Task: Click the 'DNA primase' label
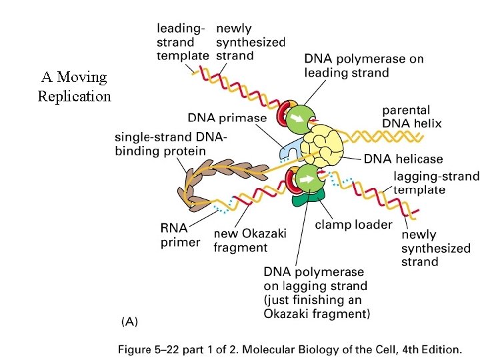coord(227,118)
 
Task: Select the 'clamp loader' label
coord(353,224)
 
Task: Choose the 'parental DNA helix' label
coord(411,117)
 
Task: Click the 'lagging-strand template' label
coord(436,183)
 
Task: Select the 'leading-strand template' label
coord(182,42)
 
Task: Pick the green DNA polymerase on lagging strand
coord(308,179)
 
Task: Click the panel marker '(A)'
coord(129,321)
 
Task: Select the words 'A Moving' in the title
coord(73,77)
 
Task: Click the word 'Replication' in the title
coord(74,96)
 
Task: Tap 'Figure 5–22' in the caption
coord(151,349)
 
